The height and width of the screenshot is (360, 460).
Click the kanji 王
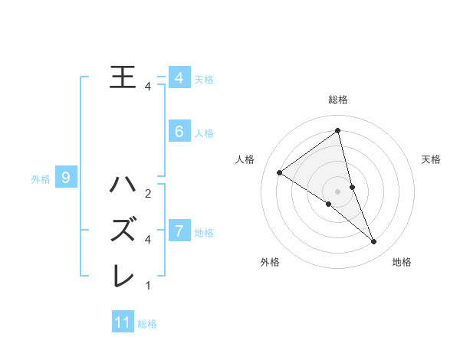pos(123,77)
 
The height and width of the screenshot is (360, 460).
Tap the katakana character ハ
pos(123,185)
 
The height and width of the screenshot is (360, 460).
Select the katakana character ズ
pos(123,230)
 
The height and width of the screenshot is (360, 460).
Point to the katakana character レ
pos(123,275)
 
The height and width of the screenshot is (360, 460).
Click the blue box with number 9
pos(66,178)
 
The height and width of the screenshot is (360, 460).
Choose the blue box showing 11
pos(123,322)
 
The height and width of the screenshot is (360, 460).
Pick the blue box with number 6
pos(179,132)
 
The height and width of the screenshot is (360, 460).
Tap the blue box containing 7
pos(179,231)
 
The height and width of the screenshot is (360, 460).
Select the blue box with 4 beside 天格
pos(179,78)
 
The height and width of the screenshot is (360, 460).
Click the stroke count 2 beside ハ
pos(148,193)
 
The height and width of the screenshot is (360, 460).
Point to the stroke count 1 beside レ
pos(148,286)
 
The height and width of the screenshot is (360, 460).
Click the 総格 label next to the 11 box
pos(147,324)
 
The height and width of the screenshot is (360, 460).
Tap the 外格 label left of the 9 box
pos(41,179)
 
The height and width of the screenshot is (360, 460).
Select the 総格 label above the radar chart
pos(337,100)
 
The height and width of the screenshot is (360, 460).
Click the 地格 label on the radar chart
pos(402,262)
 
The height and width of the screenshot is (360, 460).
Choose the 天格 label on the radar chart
pos(431,159)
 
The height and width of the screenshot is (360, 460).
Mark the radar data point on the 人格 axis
pos(279,172)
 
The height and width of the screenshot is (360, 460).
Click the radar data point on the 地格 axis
pos(374,242)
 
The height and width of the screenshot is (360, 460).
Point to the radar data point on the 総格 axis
pos(337,130)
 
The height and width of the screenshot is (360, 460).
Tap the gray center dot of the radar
pos(337,191)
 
